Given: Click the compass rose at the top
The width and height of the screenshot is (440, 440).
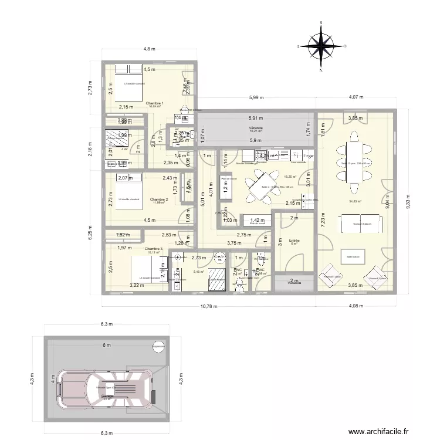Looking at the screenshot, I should (x=321, y=46).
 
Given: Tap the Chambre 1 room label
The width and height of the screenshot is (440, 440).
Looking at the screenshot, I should (x=155, y=103).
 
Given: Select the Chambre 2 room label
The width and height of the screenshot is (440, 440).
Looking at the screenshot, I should (x=159, y=199).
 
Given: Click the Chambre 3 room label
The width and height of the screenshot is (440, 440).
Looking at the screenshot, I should (x=153, y=249).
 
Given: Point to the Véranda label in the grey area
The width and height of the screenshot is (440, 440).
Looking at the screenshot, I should (x=255, y=127).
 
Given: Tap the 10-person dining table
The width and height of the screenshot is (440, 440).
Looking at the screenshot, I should (x=354, y=164).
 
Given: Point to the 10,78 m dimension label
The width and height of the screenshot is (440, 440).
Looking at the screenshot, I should (x=208, y=306).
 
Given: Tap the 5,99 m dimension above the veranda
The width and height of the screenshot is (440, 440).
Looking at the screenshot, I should (x=255, y=97).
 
